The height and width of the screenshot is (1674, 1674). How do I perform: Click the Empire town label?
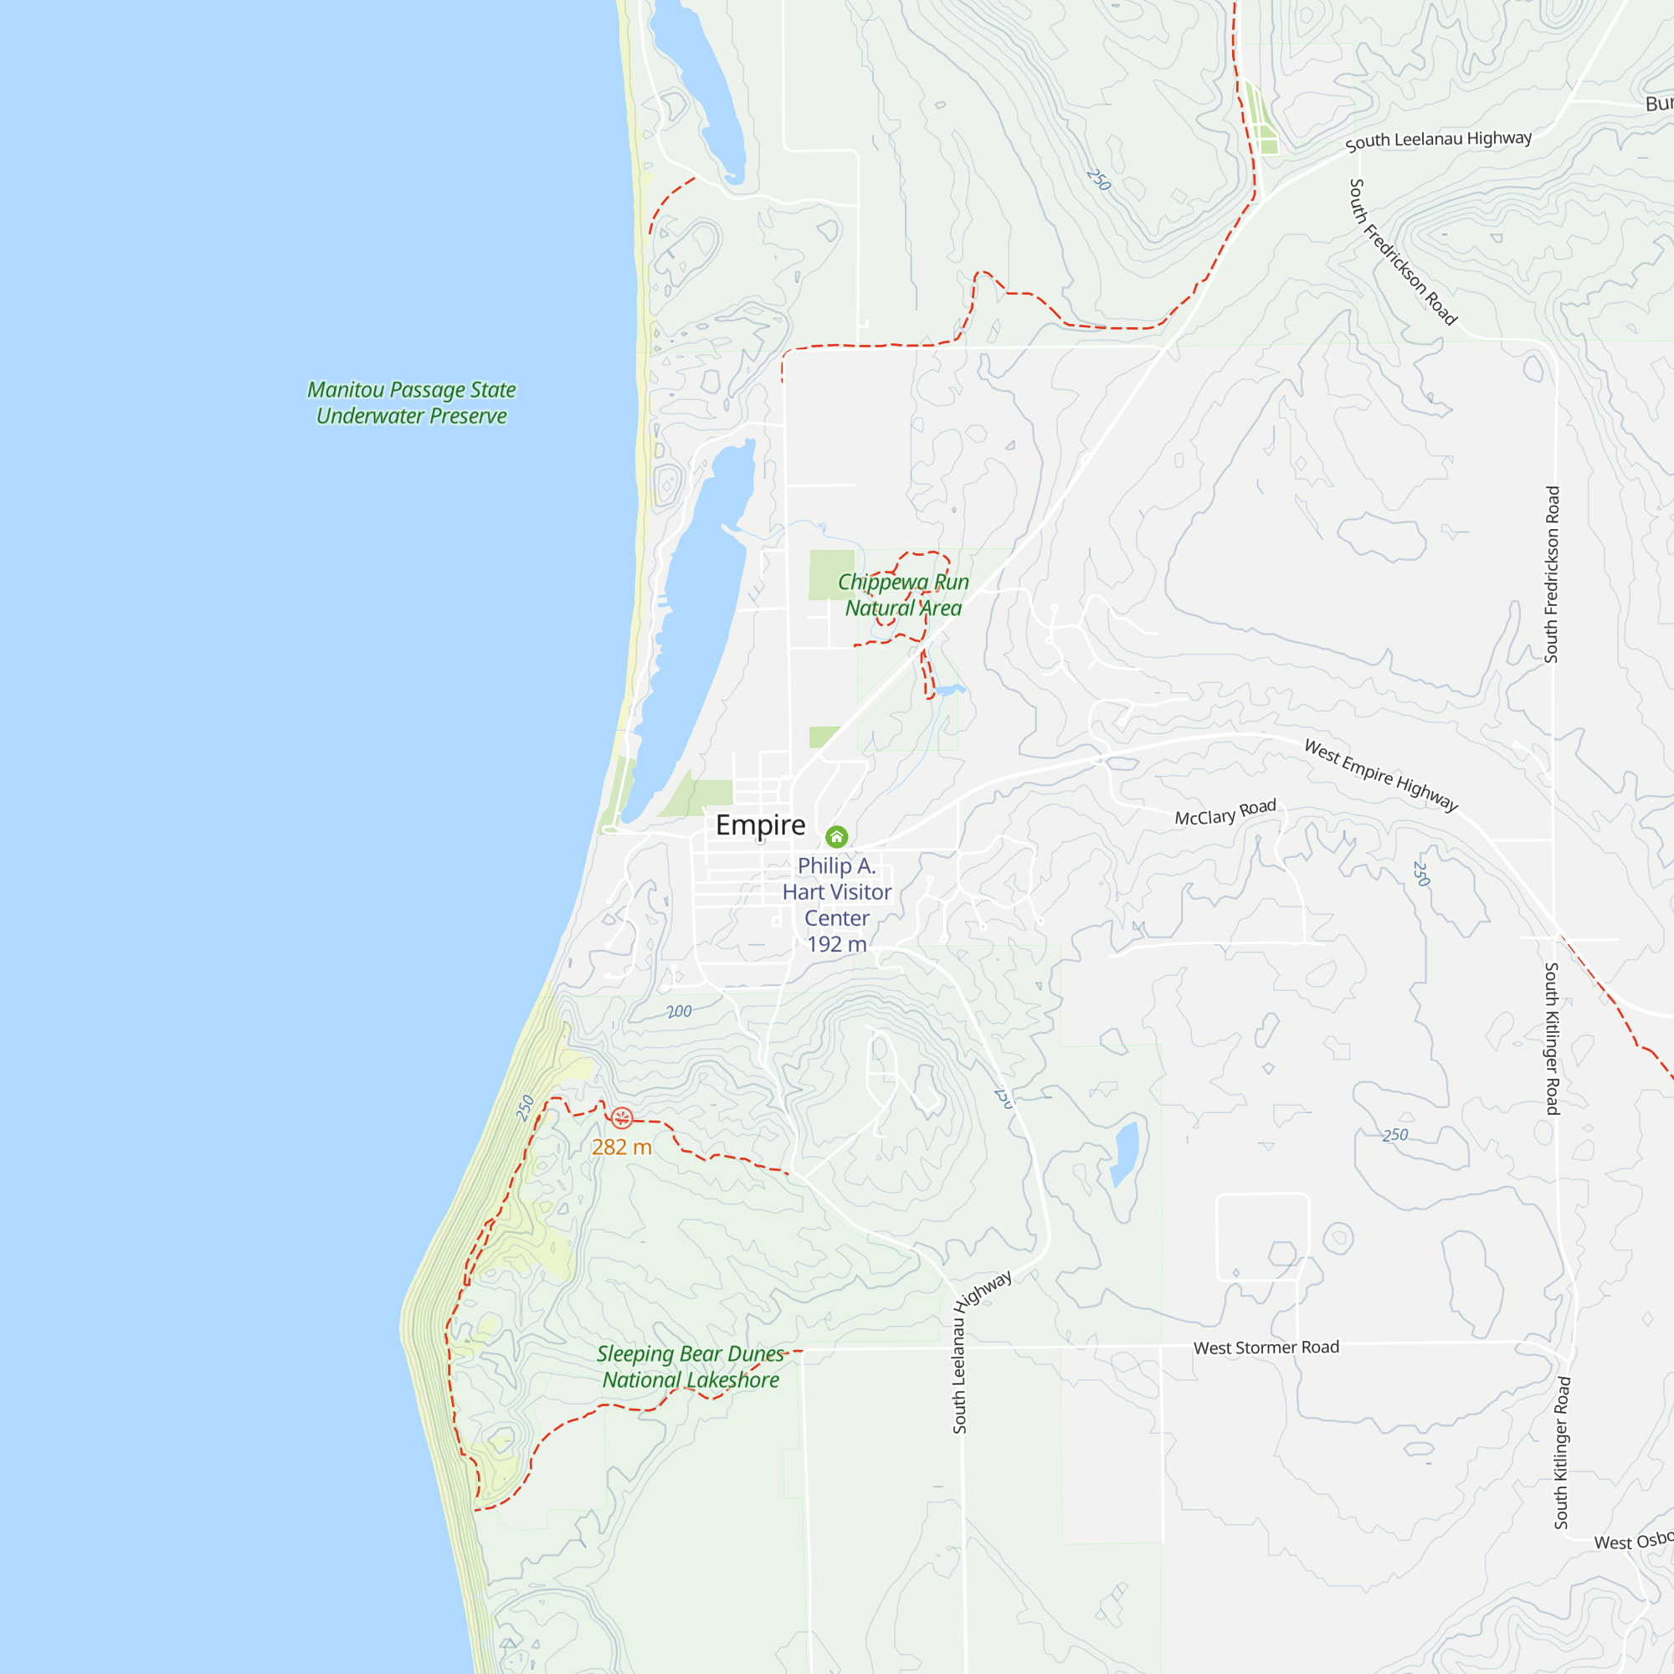pos(760,825)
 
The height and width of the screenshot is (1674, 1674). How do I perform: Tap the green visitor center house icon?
pos(836,836)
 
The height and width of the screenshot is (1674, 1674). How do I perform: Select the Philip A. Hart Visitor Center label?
pos(836,891)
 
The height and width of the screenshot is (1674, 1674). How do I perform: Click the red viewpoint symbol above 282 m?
pos(622,1117)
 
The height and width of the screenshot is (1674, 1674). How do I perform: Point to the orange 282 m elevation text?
pos(621,1148)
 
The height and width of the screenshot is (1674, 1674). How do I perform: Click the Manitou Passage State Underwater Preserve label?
pos(412,403)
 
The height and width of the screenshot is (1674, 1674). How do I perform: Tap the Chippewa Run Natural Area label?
pos(903,595)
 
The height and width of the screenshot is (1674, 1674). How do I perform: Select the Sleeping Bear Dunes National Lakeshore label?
pos(691,1367)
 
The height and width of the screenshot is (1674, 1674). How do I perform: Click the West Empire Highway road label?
pos(1381,776)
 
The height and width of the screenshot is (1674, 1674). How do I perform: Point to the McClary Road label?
pos(1225,813)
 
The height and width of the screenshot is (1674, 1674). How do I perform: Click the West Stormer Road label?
pos(1266,1348)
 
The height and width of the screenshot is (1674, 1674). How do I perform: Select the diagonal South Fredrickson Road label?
pos(1403,251)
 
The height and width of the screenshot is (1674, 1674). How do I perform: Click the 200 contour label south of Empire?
pos(680,1011)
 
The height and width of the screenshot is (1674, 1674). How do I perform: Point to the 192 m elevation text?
pos(836,944)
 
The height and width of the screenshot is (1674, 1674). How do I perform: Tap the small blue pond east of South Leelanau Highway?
pos(1126,1153)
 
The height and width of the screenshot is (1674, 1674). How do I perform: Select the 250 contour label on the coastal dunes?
pos(525,1107)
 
